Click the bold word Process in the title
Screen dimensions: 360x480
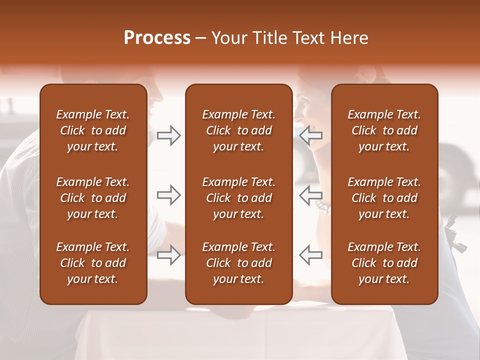[x=157, y=38]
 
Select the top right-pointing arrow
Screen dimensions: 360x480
[x=168, y=135]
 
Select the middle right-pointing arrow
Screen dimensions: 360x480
[x=168, y=195]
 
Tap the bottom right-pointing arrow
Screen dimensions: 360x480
[x=168, y=255]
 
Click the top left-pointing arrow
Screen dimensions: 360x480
[x=310, y=135]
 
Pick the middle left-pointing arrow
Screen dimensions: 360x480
[x=310, y=193]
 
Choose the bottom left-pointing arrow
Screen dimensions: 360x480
[x=310, y=255]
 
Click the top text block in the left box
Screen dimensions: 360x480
[x=93, y=130]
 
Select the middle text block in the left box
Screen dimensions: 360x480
[x=93, y=198]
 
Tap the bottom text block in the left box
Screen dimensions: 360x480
[x=93, y=263]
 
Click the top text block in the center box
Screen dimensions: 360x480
[x=238, y=130]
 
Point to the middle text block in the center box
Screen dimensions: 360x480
[x=238, y=198]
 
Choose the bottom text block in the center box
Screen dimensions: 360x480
[x=238, y=263]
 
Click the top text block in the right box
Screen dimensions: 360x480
[x=384, y=130]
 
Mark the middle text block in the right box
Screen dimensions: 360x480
[x=384, y=198]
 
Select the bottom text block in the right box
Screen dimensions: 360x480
[x=384, y=263]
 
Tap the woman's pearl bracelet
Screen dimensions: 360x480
[x=322, y=206]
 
